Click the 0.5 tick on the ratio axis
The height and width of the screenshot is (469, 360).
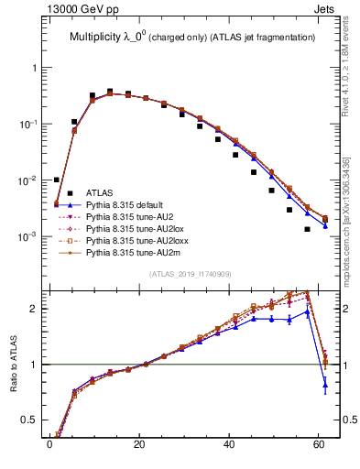28,420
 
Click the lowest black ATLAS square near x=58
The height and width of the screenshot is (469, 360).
307,229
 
